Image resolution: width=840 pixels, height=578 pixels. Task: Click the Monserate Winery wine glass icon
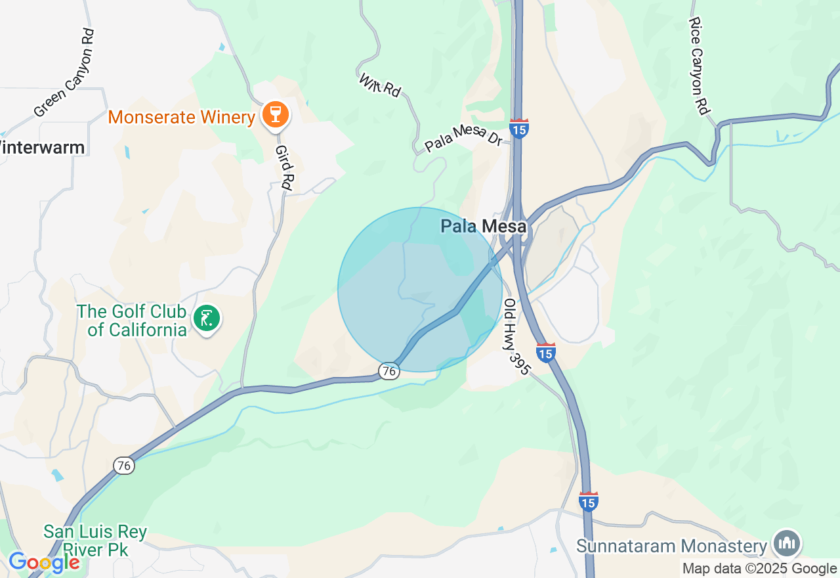pyautogui.click(x=275, y=116)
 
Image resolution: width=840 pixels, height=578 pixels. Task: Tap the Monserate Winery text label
pyautogui.click(x=181, y=118)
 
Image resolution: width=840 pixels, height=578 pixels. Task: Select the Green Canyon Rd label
pyautogui.click(x=65, y=73)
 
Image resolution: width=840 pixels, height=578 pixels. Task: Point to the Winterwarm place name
pyautogui.click(x=42, y=147)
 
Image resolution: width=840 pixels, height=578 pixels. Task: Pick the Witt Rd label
pyautogui.click(x=380, y=85)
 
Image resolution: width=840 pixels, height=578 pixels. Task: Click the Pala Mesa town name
pyautogui.click(x=484, y=227)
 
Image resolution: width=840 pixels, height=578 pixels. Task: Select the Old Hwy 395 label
pyautogui.click(x=516, y=337)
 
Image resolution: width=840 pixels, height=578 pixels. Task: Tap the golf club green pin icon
pyautogui.click(x=207, y=319)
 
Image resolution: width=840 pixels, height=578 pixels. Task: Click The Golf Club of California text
pyautogui.click(x=132, y=321)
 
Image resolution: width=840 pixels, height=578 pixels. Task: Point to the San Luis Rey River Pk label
pyautogui.click(x=95, y=539)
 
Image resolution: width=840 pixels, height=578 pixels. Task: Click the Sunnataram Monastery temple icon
pyautogui.click(x=786, y=543)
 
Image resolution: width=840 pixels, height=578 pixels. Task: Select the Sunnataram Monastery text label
pyautogui.click(x=671, y=546)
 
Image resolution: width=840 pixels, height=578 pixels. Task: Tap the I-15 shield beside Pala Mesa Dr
pyautogui.click(x=519, y=129)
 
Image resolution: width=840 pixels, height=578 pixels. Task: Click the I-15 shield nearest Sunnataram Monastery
pyautogui.click(x=589, y=502)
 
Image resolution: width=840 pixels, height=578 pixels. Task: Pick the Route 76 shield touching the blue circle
pyautogui.click(x=389, y=371)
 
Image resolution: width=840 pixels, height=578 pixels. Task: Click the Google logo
pyautogui.click(x=44, y=562)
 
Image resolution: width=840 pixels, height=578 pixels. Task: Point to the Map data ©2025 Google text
pyautogui.click(x=759, y=569)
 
